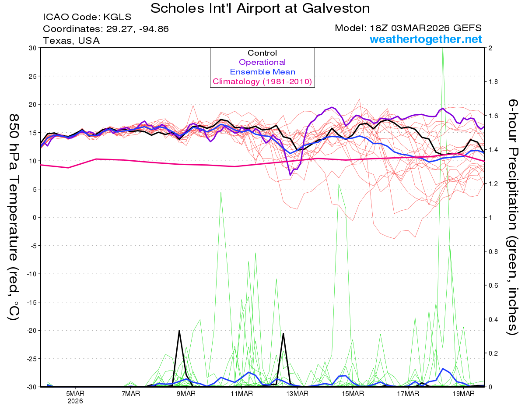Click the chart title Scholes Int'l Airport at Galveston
click(260, 8)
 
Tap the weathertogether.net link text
click(426, 39)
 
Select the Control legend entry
click(262, 53)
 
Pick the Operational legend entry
click(262, 62)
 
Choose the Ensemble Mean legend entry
click(262, 72)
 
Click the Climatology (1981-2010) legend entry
click(262, 81)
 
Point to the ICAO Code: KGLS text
click(87, 18)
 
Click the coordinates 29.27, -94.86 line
click(105, 29)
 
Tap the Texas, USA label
click(71, 41)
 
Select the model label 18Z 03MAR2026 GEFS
click(408, 28)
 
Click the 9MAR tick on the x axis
click(186, 394)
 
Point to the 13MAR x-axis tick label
click(297, 394)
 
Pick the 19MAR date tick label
click(464, 394)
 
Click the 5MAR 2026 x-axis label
click(75, 397)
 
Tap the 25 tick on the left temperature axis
click(32, 76)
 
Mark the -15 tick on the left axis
click(30, 302)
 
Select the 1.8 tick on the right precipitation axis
click(493, 81)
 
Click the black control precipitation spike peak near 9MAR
click(179, 331)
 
